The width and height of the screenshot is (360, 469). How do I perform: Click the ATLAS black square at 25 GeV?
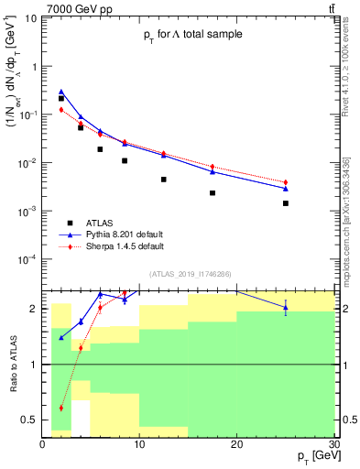(x=286, y=203)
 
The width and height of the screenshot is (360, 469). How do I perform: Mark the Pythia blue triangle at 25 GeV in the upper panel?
(x=286, y=188)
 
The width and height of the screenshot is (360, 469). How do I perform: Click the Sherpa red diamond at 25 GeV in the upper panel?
(x=286, y=182)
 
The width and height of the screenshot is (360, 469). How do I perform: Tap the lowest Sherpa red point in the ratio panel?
(x=61, y=408)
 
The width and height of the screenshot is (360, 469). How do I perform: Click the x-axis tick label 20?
(x=236, y=444)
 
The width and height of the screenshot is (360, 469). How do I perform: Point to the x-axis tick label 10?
(x=139, y=444)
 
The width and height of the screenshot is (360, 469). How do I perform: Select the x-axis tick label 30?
(x=333, y=444)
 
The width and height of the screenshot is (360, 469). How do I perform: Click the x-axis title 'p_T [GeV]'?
(x=311, y=456)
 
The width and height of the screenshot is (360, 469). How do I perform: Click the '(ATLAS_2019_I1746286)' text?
(x=189, y=274)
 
